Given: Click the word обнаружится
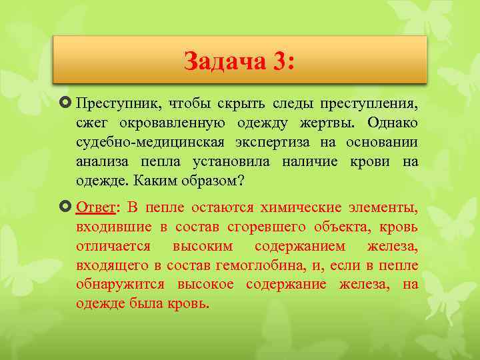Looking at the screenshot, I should click(123, 285).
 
